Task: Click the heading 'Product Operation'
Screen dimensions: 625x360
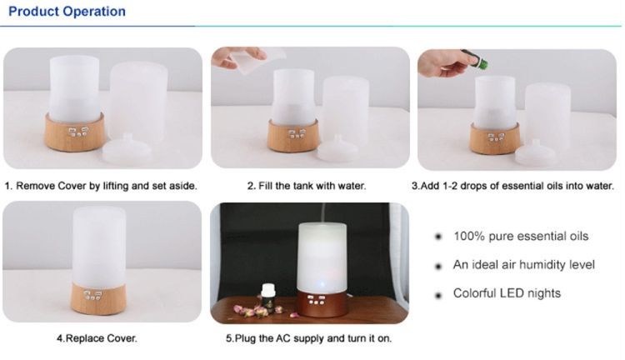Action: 67,11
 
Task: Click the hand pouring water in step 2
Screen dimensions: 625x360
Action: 238,57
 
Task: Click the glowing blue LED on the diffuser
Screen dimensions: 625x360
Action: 322,285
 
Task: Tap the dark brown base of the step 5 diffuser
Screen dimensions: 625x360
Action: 322,304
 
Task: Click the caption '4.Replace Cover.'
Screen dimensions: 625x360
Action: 97,338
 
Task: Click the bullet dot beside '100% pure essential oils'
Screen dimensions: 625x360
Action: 438,237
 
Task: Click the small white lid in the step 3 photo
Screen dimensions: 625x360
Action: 535,152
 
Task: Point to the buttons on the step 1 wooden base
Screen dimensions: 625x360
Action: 77,132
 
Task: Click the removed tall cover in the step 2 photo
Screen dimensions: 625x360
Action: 346,107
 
